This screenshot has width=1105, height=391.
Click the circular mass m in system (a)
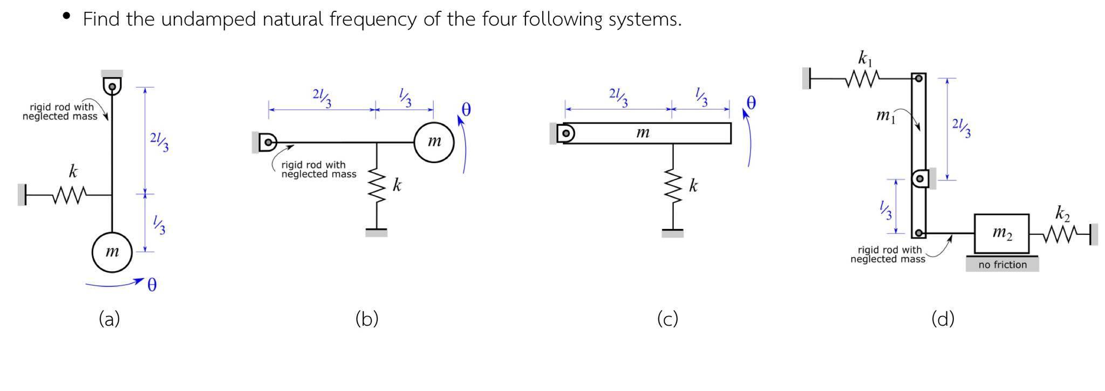pos(112,252)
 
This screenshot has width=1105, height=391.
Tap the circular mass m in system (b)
pos(434,142)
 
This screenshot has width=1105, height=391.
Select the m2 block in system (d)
pos(1001,233)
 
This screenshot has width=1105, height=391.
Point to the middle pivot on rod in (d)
pos(919,178)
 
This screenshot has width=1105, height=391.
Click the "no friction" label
pos(1002,265)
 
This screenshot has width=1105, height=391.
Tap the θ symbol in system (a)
pos(152,285)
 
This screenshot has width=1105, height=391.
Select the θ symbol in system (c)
pos(751,103)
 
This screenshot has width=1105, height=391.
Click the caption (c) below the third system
pos(667,319)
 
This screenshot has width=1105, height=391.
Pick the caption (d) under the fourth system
pos(943,319)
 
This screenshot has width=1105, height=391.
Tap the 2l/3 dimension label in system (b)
pos(322,98)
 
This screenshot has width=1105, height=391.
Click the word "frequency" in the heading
pos(373,19)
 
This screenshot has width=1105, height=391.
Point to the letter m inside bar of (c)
pos(642,132)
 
